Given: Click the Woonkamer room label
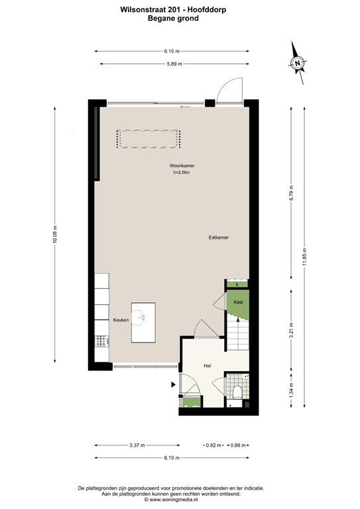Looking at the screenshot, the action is point(182,166).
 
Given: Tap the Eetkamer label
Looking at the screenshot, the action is point(219,237).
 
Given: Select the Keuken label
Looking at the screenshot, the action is point(121,319).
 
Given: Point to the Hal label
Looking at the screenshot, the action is point(208,366).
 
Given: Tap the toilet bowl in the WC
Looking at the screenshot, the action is point(237,392).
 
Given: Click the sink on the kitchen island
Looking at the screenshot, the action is point(140,317).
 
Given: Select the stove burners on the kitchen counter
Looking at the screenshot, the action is point(101,341).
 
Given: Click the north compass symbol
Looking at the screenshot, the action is point(298,63).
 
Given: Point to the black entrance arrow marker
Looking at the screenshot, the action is point(173,384).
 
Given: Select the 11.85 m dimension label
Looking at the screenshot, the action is point(304,257).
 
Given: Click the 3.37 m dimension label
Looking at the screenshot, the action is point(137,445).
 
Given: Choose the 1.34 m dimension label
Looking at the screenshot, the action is point(291,390).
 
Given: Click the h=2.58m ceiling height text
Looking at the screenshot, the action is point(182,172).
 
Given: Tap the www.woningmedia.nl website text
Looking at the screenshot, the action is point(173,500).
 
